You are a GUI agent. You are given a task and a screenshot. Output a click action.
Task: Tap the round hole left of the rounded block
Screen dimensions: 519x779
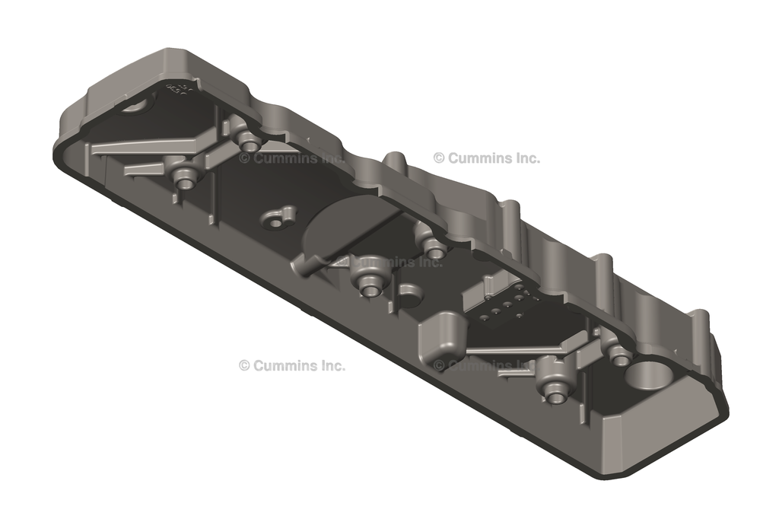409,294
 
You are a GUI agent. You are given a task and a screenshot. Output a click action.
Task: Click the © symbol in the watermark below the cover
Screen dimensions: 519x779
244,365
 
